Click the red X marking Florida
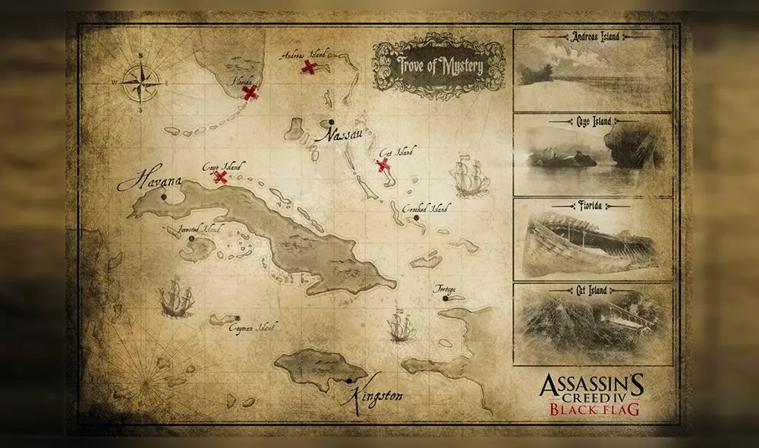pos(250,93)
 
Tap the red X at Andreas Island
pos(309,67)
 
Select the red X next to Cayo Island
pos(221,177)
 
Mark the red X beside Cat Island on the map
pos(384,165)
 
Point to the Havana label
pos(150,183)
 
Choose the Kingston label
pos(377,396)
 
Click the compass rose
pos(141,80)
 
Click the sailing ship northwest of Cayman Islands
pos(176,295)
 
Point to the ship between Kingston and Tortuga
pos(400,325)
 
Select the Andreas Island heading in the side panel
pos(594,36)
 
